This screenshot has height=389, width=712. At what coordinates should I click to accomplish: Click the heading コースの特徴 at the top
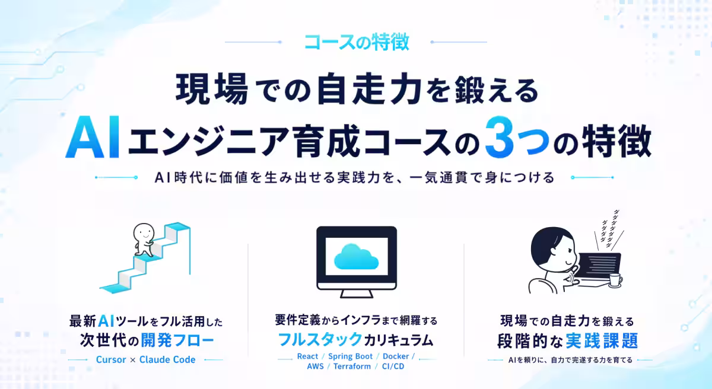point(356,42)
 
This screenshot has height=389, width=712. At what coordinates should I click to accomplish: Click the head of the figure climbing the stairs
point(142,233)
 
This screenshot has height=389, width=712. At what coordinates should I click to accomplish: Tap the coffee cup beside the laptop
point(615,279)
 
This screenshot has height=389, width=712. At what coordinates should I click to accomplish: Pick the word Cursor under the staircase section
point(111,359)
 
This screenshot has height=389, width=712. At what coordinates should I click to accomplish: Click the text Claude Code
point(167,359)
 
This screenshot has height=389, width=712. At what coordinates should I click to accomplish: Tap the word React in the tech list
point(307,356)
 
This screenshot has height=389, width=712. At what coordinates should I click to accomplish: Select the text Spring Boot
point(350,356)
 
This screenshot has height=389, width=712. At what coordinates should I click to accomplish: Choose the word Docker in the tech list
point(395,356)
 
